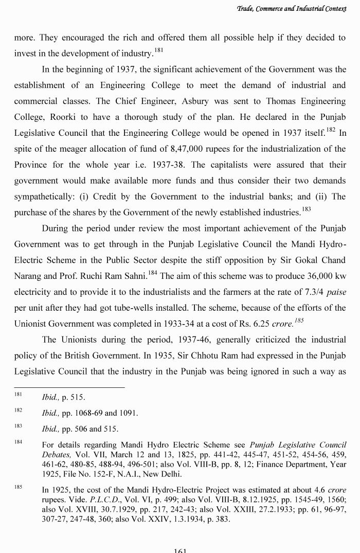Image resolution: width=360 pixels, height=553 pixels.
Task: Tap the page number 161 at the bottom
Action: (x=180, y=550)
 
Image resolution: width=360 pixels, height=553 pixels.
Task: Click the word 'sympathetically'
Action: (x=47, y=197)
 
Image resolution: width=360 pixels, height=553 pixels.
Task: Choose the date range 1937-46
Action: (x=182, y=340)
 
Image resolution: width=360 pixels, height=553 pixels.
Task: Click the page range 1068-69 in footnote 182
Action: (x=87, y=413)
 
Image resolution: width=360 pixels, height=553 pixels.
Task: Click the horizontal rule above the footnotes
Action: (x=69, y=387)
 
